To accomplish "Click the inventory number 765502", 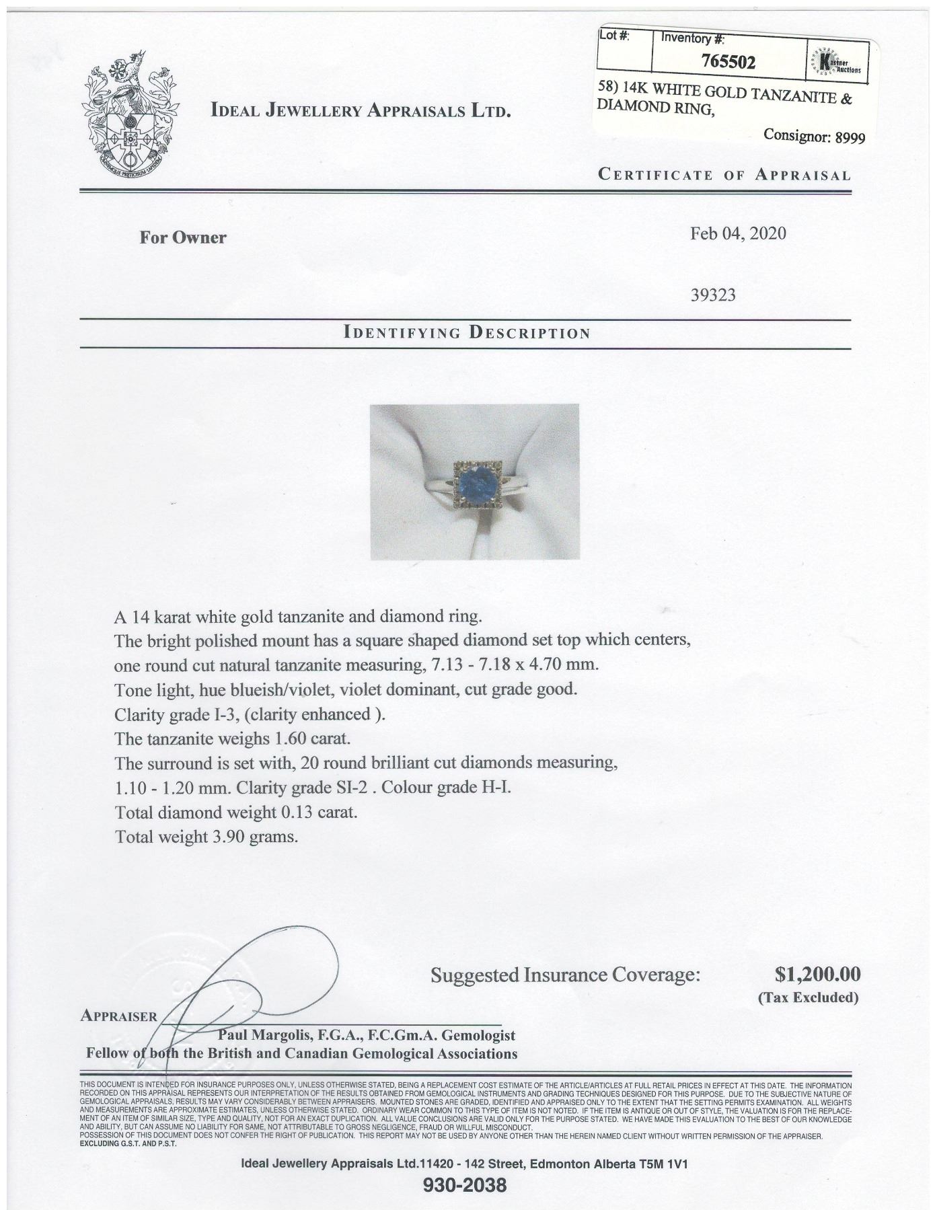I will click(x=728, y=63).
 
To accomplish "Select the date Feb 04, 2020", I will click(x=738, y=233).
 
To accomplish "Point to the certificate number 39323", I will click(x=713, y=295).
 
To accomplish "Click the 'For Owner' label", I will click(x=183, y=237).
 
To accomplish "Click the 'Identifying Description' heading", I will click(x=466, y=333).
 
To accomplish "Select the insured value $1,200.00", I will click(x=817, y=974).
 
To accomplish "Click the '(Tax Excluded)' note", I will click(x=809, y=997).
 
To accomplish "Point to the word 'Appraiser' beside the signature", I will click(x=118, y=1016).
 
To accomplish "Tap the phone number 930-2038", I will click(x=465, y=1184).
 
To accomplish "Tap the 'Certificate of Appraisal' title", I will click(x=724, y=176).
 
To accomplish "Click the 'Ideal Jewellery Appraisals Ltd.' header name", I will click(x=361, y=110).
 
